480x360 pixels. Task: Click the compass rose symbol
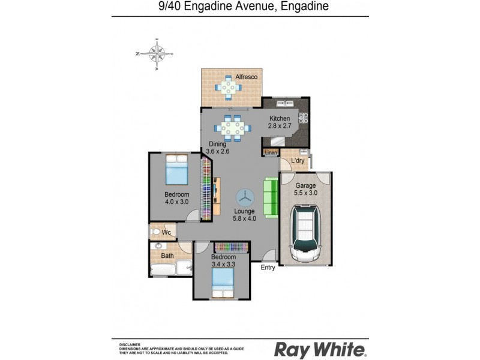pyautogui.click(x=157, y=54)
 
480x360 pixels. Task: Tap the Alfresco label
pyautogui.click(x=246, y=77)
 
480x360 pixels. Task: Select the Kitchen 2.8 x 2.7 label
pyautogui.click(x=280, y=122)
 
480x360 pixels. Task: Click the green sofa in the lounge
pyautogui.click(x=271, y=197)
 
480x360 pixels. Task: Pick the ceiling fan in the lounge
pyautogui.click(x=245, y=196)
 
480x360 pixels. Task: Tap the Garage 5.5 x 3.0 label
pyautogui.click(x=305, y=189)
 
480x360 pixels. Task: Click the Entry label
pyautogui.click(x=268, y=268)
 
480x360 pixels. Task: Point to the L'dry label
pyautogui.click(x=297, y=161)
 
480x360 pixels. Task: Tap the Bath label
pyautogui.click(x=167, y=256)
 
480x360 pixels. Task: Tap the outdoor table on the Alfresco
pyautogui.click(x=228, y=88)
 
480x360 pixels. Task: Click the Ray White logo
pyautogui.click(x=320, y=349)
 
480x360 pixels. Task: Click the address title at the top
pyautogui.click(x=239, y=8)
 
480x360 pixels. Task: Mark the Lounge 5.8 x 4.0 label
pyautogui.click(x=244, y=214)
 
